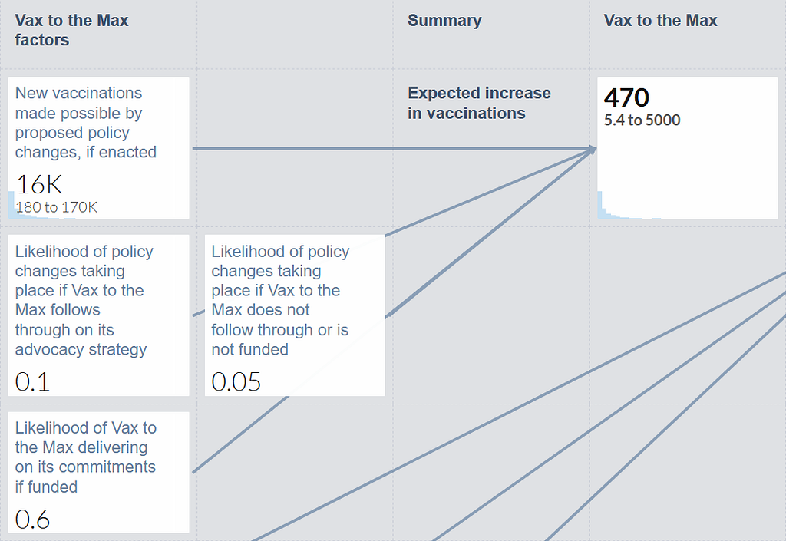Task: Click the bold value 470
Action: tap(626, 97)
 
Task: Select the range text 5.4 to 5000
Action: tap(642, 120)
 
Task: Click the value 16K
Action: tap(39, 184)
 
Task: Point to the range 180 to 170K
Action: tap(56, 207)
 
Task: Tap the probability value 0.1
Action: tap(32, 381)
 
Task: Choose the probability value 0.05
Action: tap(236, 381)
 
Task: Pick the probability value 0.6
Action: tap(32, 519)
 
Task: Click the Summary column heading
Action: tap(444, 21)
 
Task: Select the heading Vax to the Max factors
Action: tap(71, 30)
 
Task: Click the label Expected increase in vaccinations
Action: tap(479, 103)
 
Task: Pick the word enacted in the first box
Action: tap(128, 152)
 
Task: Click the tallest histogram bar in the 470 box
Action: tap(599, 205)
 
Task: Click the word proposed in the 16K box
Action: tap(42, 133)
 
